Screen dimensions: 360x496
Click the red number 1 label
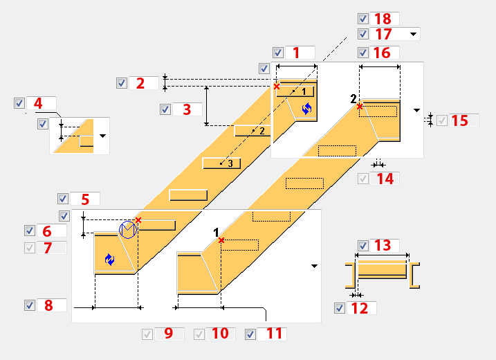[296, 53]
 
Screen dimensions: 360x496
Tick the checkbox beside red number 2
[122, 83]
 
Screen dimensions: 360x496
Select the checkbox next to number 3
[165, 109]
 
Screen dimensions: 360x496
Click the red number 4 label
[38, 103]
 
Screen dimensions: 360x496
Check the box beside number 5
[63, 199]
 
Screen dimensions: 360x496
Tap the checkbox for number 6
[29, 231]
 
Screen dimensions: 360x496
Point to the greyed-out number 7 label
[47, 248]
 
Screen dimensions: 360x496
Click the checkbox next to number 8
[29, 305]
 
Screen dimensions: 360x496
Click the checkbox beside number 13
[362, 245]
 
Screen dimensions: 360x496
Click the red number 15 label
[459, 120]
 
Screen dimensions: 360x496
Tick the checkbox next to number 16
[362, 53]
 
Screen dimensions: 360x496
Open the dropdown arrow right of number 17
[413, 33]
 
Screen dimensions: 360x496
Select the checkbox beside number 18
[362, 19]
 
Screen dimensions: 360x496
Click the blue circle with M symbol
[128, 229]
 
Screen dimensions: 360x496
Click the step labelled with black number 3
[222, 163]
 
